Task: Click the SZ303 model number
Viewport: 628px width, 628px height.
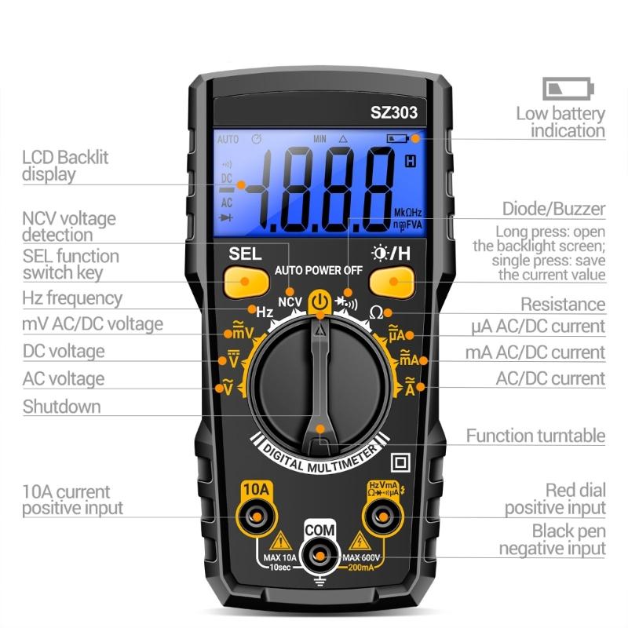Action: (394, 112)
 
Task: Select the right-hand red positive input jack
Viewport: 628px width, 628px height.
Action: (384, 517)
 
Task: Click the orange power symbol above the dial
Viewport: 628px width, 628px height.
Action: (319, 301)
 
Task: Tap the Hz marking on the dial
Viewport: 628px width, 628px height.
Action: (265, 312)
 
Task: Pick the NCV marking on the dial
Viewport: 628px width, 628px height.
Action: (290, 301)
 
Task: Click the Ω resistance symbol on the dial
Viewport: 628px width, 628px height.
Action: (375, 312)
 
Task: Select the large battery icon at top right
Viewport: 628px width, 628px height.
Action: (568, 88)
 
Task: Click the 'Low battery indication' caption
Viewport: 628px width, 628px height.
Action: (560, 122)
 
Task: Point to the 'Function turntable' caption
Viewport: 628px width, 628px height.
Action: (535, 436)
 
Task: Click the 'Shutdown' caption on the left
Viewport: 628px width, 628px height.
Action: (61, 407)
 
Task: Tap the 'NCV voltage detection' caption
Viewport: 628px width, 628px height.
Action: (68, 226)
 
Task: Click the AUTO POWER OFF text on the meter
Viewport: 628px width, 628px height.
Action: (319, 270)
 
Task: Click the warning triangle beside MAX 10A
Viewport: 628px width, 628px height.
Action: (280, 541)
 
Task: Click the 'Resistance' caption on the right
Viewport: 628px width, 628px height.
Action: (563, 305)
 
